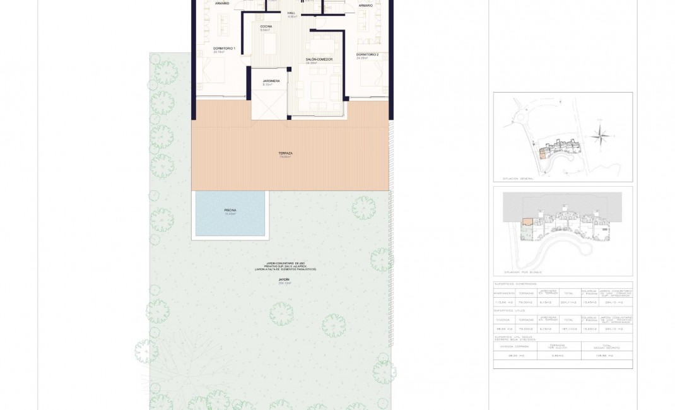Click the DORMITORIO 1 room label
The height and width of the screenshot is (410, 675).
(224, 49)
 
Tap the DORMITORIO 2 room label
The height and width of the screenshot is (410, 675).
(367, 55)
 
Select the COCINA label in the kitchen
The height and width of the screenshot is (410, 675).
(266, 26)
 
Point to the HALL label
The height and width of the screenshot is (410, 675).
(291, 13)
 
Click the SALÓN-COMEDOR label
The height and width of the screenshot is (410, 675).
(319, 59)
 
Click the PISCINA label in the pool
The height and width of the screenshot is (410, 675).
(230, 210)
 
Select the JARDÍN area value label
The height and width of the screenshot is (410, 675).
(285, 283)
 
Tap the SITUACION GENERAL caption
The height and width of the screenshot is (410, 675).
(518, 179)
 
